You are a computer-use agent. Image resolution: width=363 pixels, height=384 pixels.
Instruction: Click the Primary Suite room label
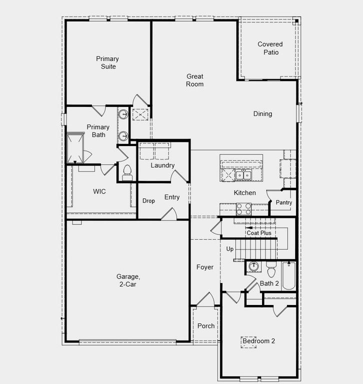click(107, 62)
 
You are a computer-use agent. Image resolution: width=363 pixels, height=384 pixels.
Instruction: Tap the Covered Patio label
click(270, 48)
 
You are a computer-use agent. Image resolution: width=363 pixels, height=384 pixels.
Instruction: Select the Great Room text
click(195, 80)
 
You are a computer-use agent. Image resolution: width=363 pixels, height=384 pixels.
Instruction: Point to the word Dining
click(262, 113)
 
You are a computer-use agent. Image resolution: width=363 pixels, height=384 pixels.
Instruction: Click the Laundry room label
click(162, 165)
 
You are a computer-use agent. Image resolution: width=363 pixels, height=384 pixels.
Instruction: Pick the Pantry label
click(283, 202)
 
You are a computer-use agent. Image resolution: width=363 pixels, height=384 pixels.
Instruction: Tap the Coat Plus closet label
click(259, 233)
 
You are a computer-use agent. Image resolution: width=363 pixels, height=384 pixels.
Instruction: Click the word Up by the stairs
click(230, 249)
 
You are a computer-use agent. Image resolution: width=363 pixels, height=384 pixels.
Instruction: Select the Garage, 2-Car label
click(128, 280)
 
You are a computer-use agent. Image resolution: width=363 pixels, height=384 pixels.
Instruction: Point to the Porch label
click(206, 325)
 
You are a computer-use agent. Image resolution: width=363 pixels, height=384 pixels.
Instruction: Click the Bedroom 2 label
click(258, 341)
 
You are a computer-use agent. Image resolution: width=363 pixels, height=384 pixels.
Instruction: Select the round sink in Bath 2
click(253, 267)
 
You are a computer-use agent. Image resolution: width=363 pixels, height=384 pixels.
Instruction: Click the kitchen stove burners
click(243, 208)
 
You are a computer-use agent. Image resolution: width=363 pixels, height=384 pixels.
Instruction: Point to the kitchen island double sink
click(243, 174)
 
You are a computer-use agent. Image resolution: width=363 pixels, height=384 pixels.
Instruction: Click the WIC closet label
click(99, 191)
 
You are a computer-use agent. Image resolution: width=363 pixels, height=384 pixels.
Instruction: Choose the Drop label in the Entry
click(148, 201)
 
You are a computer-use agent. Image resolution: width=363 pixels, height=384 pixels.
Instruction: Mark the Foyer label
click(204, 267)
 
